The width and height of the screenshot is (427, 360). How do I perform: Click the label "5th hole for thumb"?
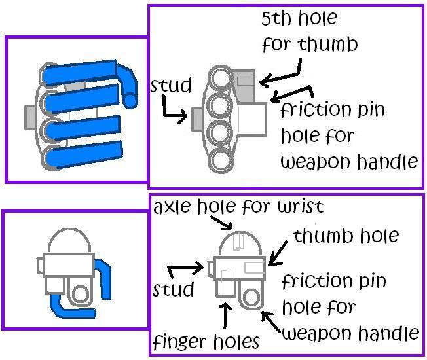[x=310, y=31]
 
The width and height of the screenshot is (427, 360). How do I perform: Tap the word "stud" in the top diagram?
[x=171, y=85]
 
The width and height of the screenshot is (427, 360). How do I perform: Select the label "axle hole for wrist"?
[x=238, y=207]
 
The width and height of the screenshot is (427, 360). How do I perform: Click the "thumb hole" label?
[x=346, y=236]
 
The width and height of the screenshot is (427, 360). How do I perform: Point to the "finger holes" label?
[x=206, y=342]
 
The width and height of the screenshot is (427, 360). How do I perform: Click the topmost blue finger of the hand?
[x=80, y=72]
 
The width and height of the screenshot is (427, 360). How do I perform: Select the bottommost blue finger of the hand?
[x=84, y=155]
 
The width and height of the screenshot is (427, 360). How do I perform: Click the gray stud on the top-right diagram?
[x=196, y=119]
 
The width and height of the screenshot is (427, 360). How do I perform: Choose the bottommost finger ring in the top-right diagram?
[x=222, y=160]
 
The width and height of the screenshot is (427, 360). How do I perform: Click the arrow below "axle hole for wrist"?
[x=221, y=223]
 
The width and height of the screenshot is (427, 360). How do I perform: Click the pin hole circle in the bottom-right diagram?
[x=251, y=297]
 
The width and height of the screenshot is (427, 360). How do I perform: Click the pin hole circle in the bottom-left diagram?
[x=80, y=295]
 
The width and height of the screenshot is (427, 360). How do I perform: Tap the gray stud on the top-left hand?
[x=30, y=117]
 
